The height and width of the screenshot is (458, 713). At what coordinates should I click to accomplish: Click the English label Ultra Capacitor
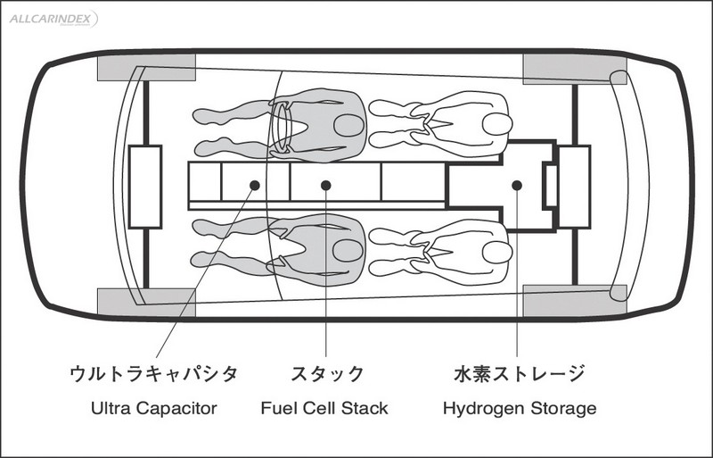click(154, 409)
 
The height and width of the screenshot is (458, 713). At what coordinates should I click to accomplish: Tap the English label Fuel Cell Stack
click(324, 409)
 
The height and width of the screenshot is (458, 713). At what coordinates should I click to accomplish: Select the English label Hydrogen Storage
click(520, 409)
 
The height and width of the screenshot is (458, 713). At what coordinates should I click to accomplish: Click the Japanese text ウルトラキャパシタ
click(154, 373)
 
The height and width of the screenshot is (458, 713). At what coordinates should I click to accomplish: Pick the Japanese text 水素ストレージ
click(520, 373)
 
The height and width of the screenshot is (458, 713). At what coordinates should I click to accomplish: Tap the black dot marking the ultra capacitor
click(255, 185)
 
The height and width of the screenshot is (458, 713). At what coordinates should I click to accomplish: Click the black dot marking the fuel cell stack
click(326, 185)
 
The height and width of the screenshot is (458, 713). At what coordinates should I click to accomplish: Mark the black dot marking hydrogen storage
click(517, 185)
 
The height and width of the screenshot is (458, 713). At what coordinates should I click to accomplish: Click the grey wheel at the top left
click(144, 68)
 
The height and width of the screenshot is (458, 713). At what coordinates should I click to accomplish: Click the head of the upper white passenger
click(496, 124)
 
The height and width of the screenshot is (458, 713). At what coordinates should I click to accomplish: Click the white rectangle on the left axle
click(144, 186)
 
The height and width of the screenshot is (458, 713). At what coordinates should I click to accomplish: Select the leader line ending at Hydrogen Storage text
click(517, 286)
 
